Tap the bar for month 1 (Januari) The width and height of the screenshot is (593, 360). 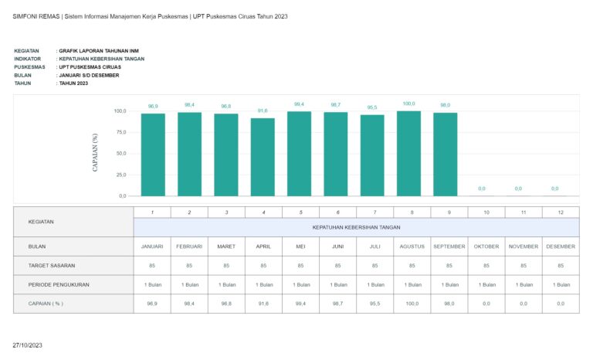tap(153, 155)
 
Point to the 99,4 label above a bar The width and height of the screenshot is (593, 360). tap(299, 104)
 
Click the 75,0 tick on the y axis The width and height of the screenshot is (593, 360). tap(120, 132)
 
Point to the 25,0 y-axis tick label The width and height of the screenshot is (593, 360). tap(120, 175)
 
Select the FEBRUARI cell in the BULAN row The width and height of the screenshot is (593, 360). tap(189, 246)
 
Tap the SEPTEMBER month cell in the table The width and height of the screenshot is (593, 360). tap(449, 246)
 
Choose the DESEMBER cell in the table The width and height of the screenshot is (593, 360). tap(561, 246)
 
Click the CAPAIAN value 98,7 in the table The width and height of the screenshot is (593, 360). tap(337, 304)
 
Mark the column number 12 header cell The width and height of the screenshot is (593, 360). tap(561, 212)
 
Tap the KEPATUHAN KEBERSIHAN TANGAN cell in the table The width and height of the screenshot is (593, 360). tap(356, 227)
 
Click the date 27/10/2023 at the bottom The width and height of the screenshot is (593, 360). tap(29, 345)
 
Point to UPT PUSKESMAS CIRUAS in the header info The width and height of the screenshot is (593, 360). tap(90, 66)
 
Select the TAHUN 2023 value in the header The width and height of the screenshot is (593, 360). tap(74, 83)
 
